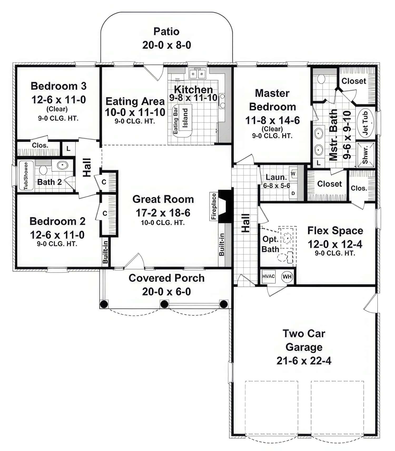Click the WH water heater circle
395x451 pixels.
[287, 276]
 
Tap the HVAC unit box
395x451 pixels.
[268, 276]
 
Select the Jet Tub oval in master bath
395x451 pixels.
[366, 123]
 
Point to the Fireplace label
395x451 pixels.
[214, 206]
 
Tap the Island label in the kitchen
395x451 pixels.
[185, 118]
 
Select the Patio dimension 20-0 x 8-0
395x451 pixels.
[166, 45]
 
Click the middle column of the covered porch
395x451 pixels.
[164, 304]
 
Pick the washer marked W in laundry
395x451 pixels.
[293, 174]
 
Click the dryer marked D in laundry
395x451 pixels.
[293, 193]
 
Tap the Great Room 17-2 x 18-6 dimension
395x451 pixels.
[163, 213]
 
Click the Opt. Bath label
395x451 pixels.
[270, 244]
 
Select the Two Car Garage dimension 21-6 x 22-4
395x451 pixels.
[304, 361]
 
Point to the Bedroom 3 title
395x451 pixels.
[58, 86]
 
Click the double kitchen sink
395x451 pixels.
[197, 74]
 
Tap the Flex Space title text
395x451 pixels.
[335, 231]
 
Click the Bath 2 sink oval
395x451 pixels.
[62, 165]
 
